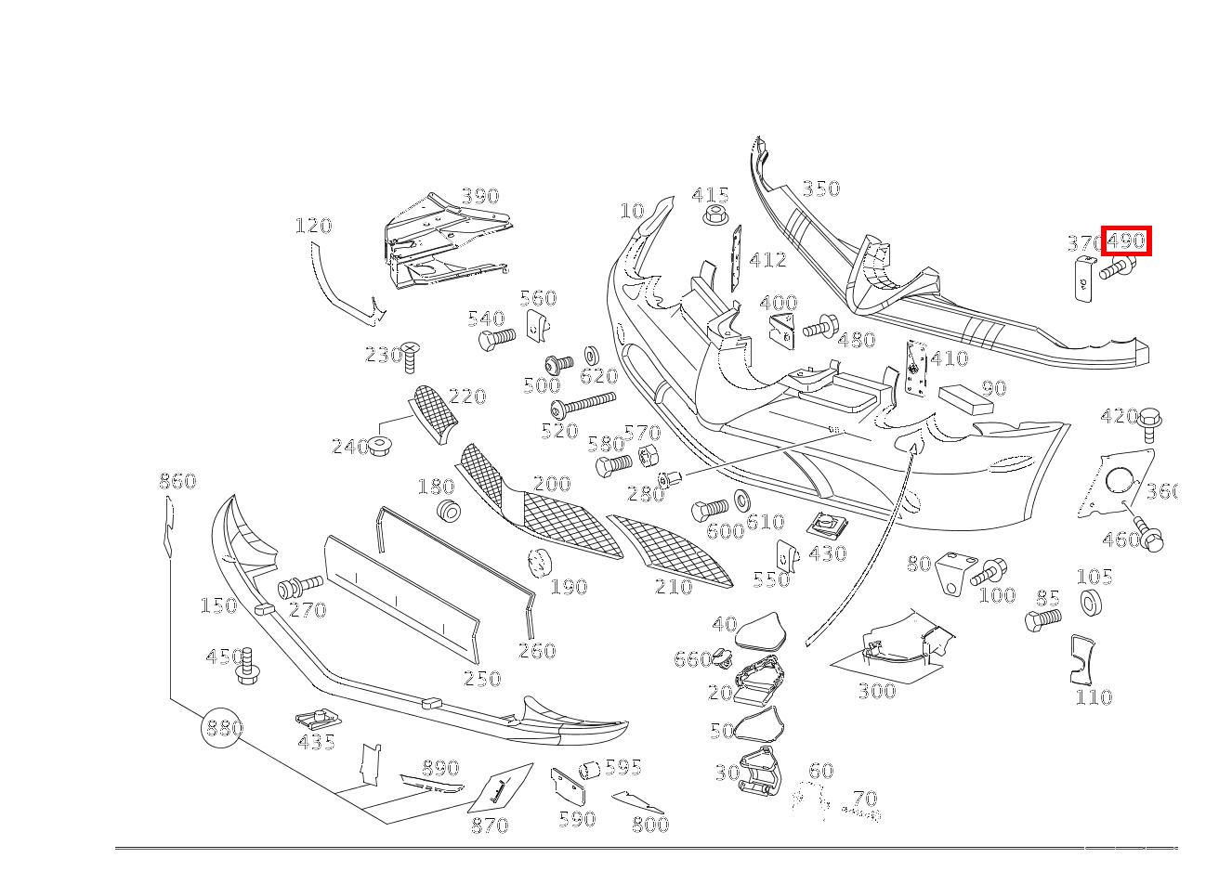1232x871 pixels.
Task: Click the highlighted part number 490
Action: tap(1126, 240)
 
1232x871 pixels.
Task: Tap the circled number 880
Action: tap(223, 729)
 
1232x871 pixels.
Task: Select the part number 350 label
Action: tap(820, 188)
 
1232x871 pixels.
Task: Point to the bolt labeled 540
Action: tap(495, 339)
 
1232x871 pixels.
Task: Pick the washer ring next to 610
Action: tap(742, 500)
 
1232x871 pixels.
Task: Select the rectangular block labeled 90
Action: tap(965, 398)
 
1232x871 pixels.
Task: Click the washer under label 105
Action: tap(1091, 602)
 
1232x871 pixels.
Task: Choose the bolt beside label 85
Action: tap(1043, 619)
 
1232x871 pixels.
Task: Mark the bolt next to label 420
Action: tap(1150, 422)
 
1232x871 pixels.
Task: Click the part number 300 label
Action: tap(876, 691)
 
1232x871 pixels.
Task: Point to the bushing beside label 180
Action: tap(450, 510)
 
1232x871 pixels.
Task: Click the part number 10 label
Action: tap(632, 212)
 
